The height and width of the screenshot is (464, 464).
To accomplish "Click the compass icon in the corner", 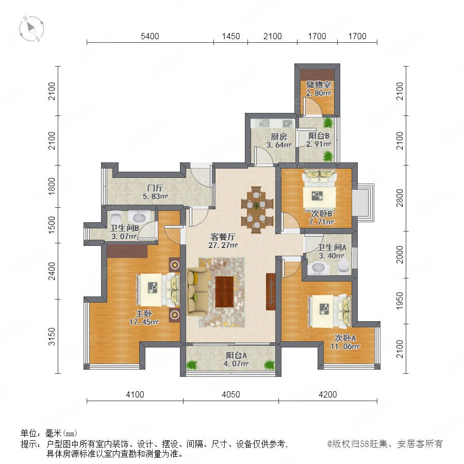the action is [31, 29].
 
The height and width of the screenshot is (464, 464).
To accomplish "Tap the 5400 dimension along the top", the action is [150, 36].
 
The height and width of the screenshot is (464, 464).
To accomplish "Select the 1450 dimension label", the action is [231, 36].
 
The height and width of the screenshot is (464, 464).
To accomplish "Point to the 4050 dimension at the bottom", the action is [231, 394].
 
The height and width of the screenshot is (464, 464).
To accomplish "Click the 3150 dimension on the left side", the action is [52, 337].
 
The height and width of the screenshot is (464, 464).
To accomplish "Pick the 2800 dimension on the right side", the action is [400, 198].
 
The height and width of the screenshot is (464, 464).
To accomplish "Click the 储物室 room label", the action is [319, 85].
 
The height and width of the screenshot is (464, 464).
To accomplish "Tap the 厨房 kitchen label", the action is [279, 137].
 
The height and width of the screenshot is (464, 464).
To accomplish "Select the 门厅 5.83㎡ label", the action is [155, 192].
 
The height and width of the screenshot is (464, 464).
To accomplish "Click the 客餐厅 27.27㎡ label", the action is [223, 241].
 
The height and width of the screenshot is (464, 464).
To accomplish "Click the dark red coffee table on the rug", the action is [224, 292].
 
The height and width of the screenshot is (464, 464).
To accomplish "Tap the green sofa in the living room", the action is [197, 291].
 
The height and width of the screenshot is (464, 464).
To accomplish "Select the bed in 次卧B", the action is [319, 190].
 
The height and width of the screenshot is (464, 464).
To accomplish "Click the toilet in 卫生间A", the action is [344, 266].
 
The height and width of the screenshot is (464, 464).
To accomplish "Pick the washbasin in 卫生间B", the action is [139, 218].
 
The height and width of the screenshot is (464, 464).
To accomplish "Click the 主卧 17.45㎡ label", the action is [144, 318].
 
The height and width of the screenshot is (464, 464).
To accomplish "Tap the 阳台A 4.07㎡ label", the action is [236, 359].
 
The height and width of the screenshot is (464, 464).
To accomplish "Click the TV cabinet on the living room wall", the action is [271, 292].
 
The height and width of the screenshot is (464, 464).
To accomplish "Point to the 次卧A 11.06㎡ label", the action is [345, 342].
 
